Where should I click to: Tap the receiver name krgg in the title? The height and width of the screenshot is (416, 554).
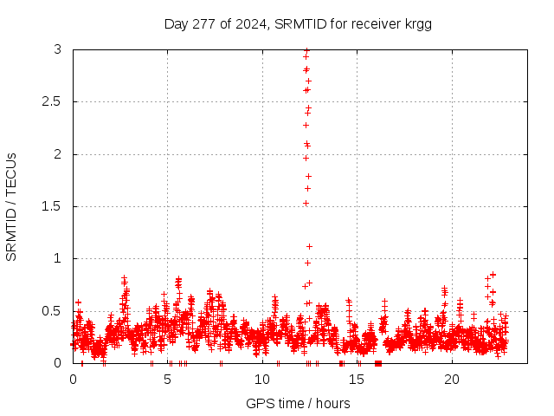click(x=415, y=24)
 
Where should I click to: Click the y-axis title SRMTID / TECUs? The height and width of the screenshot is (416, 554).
click(x=12, y=206)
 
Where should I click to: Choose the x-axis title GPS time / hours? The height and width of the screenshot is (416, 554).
click(x=298, y=403)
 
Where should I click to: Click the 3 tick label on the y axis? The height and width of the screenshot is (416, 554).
click(x=58, y=50)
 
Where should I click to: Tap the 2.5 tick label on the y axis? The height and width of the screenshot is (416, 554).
click(x=52, y=102)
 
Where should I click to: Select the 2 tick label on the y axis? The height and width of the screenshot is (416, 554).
click(x=58, y=154)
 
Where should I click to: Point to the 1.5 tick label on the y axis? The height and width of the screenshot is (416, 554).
click(x=52, y=206)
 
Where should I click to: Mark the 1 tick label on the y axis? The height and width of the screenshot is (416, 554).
click(x=58, y=258)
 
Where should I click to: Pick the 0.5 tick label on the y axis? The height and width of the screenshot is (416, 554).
click(x=52, y=310)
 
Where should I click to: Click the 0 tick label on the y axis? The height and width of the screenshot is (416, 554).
click(x=58, y=363)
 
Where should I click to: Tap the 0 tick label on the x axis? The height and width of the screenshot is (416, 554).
click(x=73, y=380)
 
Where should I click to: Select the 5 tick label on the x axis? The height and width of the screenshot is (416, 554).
click(x=167, y=380)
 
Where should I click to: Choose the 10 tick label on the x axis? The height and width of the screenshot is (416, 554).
click(x=262, y=380)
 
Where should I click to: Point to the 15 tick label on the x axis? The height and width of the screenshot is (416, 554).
click(x=357, y=380)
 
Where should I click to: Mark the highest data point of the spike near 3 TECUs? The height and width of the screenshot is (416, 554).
click(x=306, y=51)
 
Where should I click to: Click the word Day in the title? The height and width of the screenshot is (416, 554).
click(x=177, y=24)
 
